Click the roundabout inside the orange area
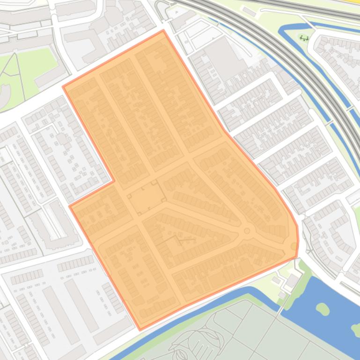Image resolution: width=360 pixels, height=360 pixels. tap(247, 230)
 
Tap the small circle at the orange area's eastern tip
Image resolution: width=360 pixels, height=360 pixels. tap(294, 246)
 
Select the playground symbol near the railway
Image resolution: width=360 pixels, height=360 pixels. tap(305, 38)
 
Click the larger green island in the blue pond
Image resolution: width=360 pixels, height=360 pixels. tap(323, 309)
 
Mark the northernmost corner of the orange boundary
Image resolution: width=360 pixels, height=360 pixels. tap(163, 31)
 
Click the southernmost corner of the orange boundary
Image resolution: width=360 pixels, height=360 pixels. tap(140, 329)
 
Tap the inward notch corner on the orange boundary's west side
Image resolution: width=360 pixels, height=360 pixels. tap(114, 181)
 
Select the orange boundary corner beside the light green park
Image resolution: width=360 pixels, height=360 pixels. tap(63, 86)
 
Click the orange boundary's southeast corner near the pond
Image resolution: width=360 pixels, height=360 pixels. tap(297, 256)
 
